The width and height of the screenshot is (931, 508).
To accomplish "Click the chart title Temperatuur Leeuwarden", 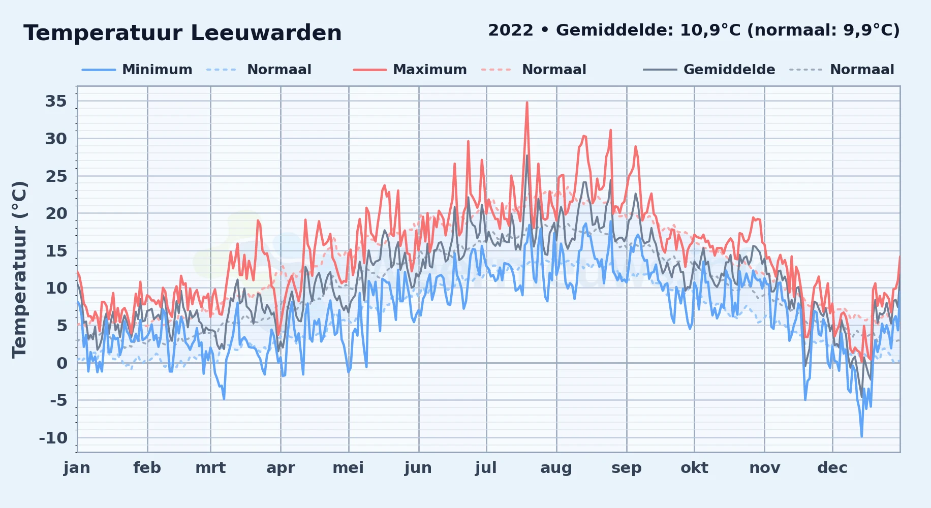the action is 182,33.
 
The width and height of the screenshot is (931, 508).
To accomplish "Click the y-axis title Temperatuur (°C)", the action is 19,270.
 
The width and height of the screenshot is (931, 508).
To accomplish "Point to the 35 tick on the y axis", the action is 56,101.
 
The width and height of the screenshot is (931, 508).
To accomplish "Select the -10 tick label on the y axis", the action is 53,438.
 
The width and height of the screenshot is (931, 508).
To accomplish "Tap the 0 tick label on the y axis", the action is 62,363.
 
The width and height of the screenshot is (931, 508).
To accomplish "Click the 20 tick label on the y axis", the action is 56,213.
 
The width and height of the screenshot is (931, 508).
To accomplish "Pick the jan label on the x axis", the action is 77,468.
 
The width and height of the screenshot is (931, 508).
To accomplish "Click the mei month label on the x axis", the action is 348,468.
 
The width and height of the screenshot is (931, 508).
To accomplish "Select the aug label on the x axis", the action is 556,468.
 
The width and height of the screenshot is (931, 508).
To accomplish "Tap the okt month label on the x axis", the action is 694,468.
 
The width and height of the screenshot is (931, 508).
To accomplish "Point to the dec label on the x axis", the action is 832,468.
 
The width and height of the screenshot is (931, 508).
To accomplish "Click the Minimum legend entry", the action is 157,70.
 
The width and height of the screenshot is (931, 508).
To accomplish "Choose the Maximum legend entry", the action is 430,70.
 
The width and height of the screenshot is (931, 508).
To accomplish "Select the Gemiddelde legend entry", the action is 729,70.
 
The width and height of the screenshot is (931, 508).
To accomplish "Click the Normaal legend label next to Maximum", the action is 554,70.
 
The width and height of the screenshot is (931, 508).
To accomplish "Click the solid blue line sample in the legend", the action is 99,70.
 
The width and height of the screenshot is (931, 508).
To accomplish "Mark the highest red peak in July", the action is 527,103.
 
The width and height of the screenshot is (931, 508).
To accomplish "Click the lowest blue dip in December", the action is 861,435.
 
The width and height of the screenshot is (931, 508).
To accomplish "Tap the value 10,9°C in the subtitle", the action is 710,30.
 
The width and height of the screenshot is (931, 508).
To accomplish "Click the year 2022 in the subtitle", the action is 511,30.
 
